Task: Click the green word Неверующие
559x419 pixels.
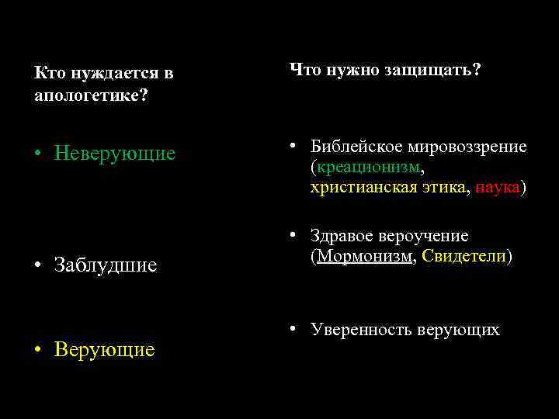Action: (x=115, y=154)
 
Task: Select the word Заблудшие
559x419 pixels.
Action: (x=106, y=265)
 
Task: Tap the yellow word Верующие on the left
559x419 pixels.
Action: (x=104, y=350)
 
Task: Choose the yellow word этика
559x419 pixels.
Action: (x=441, y=187)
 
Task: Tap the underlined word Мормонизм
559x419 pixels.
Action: (x=364, y=256)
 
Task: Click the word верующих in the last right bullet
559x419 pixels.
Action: (x=458, y=330)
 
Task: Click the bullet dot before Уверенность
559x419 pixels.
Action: (x=294, y=330)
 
